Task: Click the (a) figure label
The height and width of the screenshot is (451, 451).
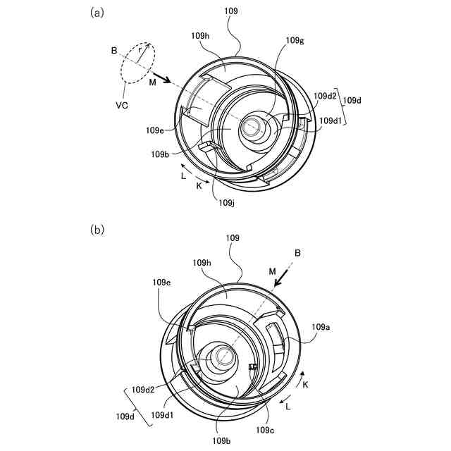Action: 98,12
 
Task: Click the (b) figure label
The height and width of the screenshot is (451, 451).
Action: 98,230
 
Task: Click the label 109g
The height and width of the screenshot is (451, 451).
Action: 295,40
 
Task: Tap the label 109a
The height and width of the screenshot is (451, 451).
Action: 321,327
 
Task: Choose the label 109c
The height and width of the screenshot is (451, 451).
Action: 265,430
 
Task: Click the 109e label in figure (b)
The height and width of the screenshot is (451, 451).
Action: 162,283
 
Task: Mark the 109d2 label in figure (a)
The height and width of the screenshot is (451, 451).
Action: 325,96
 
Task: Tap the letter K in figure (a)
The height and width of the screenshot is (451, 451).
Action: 199,185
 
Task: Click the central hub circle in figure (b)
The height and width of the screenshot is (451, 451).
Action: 221,357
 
